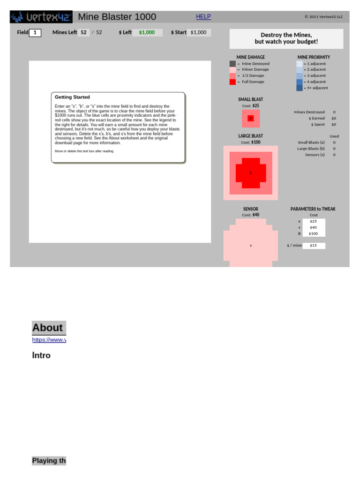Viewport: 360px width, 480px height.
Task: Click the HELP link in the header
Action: point(203,17)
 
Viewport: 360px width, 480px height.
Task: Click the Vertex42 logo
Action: point(41,17)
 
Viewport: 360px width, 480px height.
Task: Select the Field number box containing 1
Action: point(35,33)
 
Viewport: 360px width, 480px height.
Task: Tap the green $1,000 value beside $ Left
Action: point(147,33)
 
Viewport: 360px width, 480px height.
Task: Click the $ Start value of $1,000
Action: point(198,33)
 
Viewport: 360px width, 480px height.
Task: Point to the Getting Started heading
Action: point(72,97)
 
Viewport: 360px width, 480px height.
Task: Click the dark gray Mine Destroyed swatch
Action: point(232,64)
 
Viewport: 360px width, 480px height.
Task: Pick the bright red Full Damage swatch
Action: point(232,82)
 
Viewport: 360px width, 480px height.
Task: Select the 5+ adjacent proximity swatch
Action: point(300,88)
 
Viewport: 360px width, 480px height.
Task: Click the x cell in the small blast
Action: point(251,119)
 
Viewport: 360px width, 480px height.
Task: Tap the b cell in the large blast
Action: point(251,173)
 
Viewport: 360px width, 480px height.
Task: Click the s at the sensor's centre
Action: point(251,246)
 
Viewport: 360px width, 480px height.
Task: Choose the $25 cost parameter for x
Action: point(314,221)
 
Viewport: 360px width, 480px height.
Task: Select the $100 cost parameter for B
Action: point(314,233)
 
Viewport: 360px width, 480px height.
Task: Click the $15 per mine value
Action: point(314,246)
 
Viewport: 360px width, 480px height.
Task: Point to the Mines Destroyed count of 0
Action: point(334,112)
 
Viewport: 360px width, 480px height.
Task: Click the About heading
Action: point(47,328)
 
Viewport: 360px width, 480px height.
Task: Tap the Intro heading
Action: point(41,355)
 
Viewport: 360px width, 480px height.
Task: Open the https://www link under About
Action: point(49,340)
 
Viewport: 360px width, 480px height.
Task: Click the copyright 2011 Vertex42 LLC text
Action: point(324,17)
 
